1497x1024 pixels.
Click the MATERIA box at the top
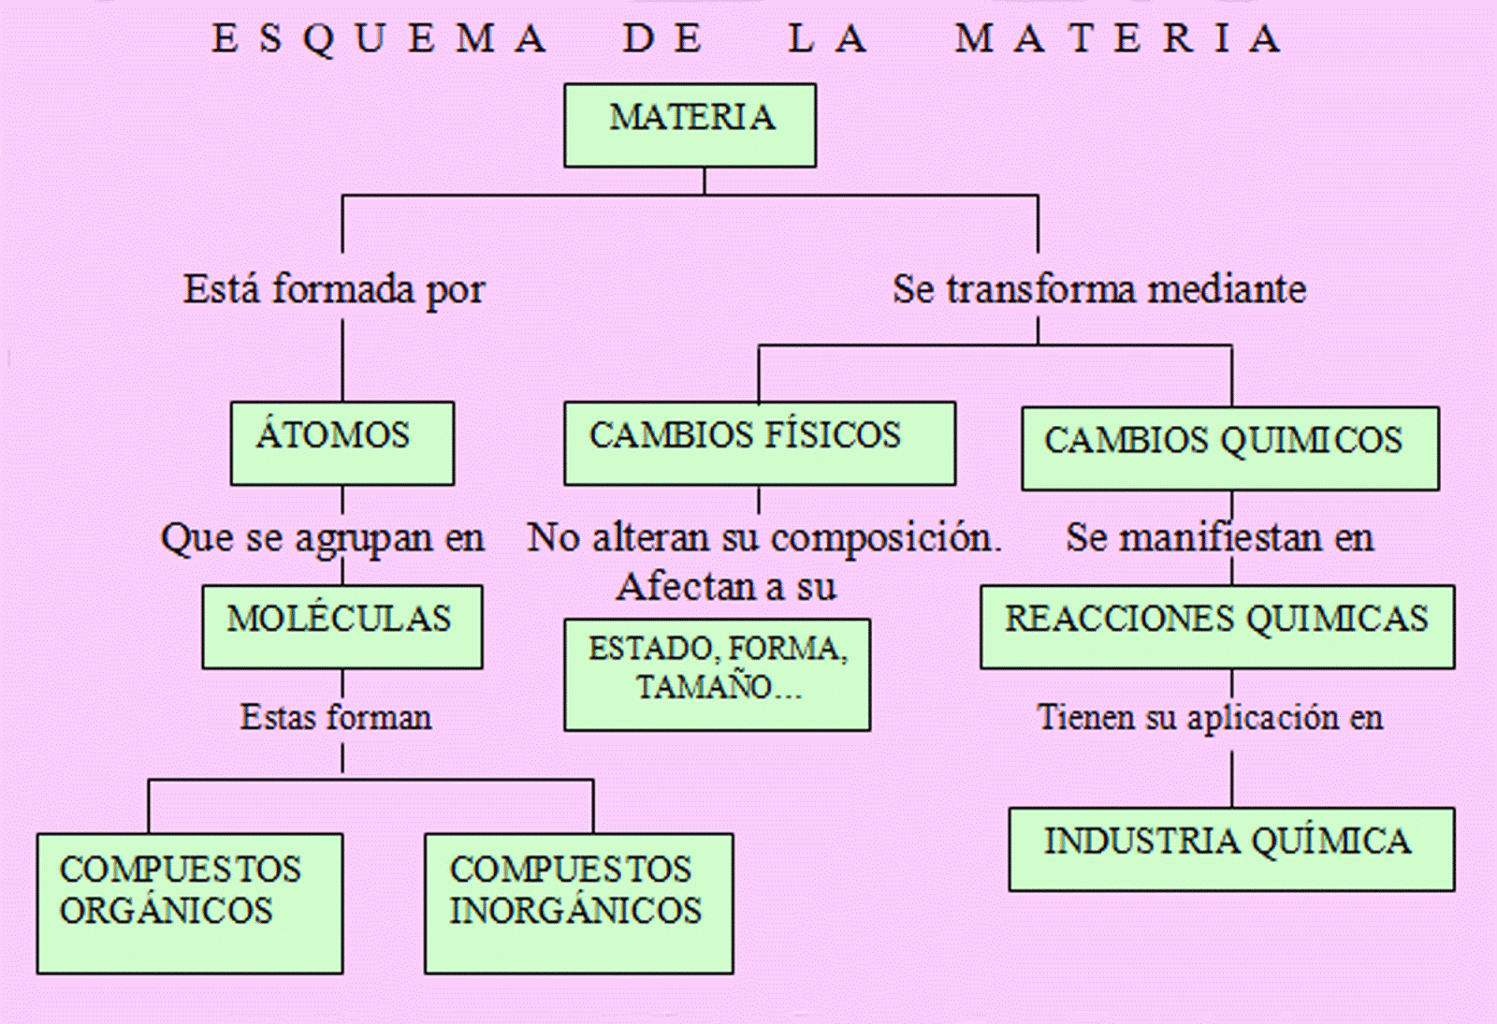point(690,125)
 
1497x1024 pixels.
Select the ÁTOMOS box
point(342,443)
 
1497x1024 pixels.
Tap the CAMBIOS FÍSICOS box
point(759,443)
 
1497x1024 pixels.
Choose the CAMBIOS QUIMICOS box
point(1229,447)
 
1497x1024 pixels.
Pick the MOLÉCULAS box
point(342,626)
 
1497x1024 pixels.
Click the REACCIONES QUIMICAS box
point(1216,626)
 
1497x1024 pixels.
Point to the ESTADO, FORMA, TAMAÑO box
point(717,674)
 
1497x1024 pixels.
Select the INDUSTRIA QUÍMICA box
point(1230,848)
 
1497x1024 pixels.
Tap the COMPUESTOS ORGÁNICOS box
point(189,902)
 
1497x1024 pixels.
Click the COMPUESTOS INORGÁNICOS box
point(578,902)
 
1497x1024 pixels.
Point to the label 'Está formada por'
point(334,289)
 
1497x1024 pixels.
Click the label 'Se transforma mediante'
point(1098,289)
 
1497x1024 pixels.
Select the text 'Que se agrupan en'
point(323,538)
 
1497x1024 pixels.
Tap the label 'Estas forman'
point(336,718)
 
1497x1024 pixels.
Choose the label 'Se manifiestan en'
point(1219,538)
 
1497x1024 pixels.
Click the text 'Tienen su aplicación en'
point(1210,718)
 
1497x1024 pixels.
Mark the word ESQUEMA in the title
point(379,39)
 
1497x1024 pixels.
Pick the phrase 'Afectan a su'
point(726,588)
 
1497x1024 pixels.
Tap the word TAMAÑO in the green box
point(704,688)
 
